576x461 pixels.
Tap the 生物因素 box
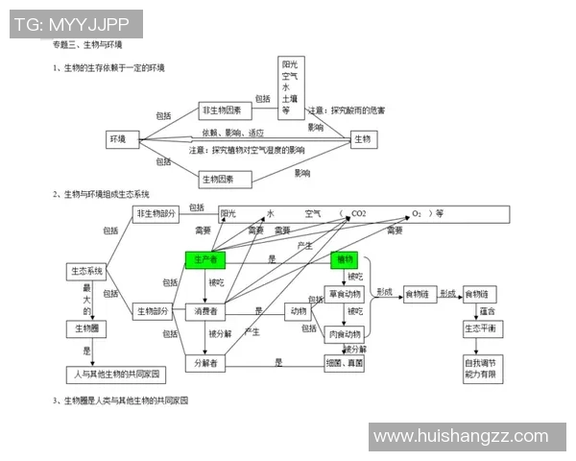[x=224, y=179]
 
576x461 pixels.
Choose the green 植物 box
[x=344, y=260]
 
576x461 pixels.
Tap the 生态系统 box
[x=84, y=272]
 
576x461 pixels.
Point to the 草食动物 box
[x=346, y=294]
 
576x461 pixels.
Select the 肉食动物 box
[x=346, y=334]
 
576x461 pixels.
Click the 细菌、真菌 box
[x=346, y=363]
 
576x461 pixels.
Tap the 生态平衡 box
[x=480, y=328]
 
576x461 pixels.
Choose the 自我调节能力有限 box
[x=480, y=368]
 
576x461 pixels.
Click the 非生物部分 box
[x=156, y=213]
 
